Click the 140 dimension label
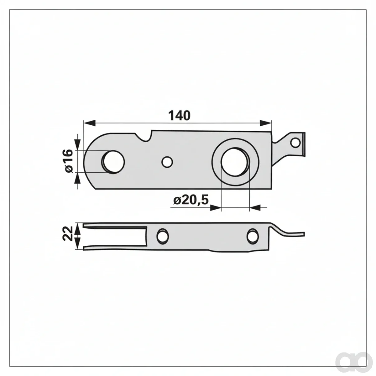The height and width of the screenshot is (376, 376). [179, 116]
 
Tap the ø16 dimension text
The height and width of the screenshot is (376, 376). [69, 161]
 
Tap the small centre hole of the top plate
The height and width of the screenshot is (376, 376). [167, 162]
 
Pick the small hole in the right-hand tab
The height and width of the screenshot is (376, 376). [295, 142]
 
